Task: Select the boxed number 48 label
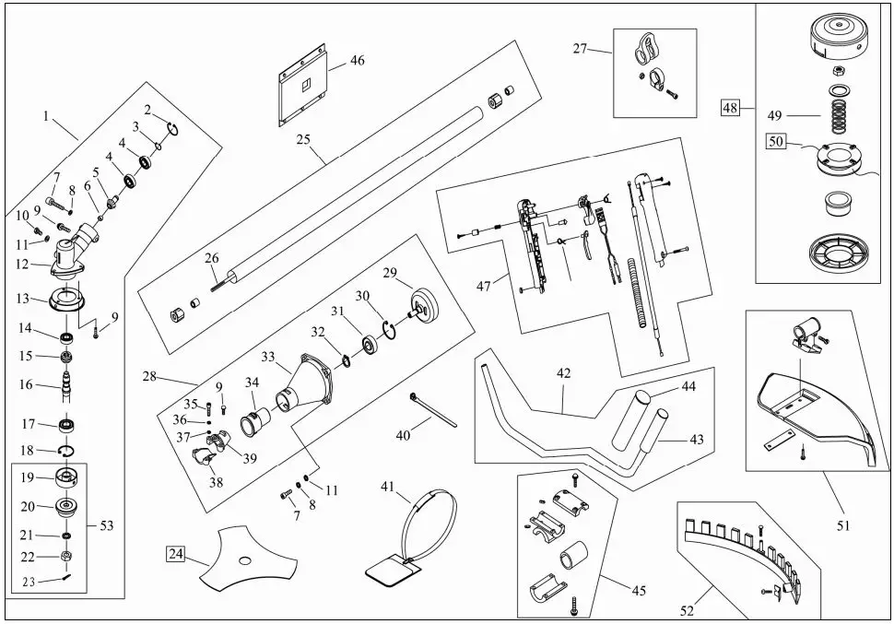pos(731,108)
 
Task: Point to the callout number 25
pos(303,140)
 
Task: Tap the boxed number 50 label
pos(774,142)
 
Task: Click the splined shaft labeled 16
pos(67,384)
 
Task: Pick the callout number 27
pos(580,49)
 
